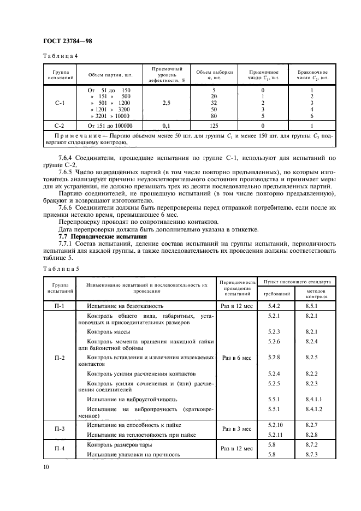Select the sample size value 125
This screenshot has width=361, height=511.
[214, 125]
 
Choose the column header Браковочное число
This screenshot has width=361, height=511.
[312, 75]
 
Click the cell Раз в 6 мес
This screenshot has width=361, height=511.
[236, 358]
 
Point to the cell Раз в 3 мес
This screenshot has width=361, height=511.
[236, 429]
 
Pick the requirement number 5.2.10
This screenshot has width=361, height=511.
[276, 424]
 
